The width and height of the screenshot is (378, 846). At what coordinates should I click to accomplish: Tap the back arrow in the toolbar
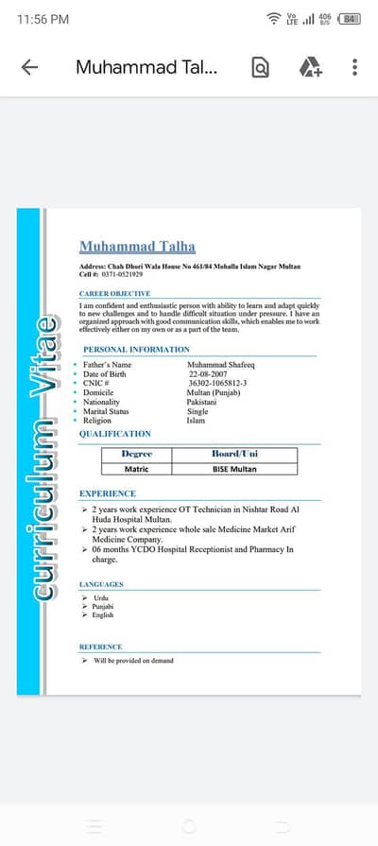point(29,67)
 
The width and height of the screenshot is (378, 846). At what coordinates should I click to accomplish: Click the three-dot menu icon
point(354,67)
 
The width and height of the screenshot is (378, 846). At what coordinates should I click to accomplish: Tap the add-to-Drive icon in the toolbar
point(309,67)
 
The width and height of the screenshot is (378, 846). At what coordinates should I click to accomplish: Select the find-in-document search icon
point(261,67)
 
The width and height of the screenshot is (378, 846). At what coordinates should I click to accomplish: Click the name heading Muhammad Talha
point(137,247)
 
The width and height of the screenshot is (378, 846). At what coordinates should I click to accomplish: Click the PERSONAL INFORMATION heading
point(136,350)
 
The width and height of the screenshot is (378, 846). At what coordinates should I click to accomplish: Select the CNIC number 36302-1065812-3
point(217,383)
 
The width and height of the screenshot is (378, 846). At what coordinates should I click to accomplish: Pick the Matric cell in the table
point(137,468)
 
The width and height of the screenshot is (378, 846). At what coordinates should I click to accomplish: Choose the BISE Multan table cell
point(234,468)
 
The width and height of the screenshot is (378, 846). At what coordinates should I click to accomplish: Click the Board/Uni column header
point(234,454)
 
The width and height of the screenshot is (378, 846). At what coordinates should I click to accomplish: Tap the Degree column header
point(137,454)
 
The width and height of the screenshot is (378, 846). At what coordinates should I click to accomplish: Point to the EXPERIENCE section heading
point(108,493)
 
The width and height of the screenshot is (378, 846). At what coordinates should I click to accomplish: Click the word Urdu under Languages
point(100,598)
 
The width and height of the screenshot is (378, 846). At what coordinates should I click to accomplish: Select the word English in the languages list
point(103,615)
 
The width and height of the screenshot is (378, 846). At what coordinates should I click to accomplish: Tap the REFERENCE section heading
point(100,647)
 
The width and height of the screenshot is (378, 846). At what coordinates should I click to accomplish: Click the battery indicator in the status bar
point(350,19)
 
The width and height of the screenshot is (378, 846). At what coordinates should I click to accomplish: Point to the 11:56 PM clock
point(43,19)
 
